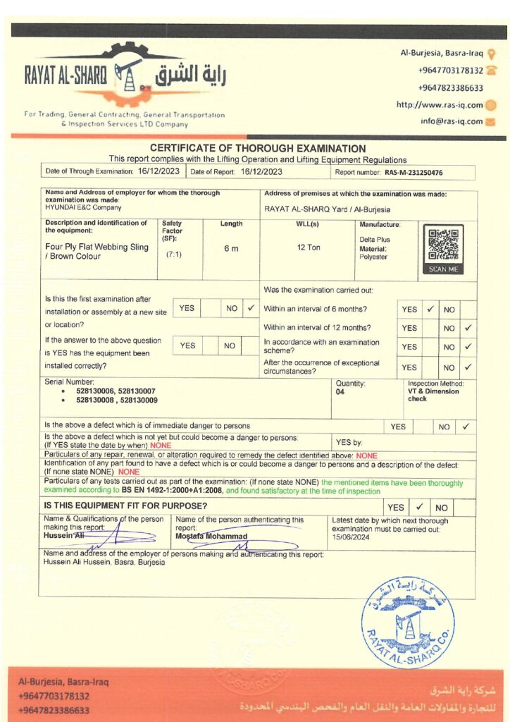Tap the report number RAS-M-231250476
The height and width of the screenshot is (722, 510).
point(413,172)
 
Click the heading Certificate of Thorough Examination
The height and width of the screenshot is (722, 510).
point(258,149)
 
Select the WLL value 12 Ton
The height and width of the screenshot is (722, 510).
point(309,247)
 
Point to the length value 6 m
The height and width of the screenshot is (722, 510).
point(231,248)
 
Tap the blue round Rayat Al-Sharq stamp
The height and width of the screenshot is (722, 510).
point(407,623)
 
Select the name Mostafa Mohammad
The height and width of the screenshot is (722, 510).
point(211,537)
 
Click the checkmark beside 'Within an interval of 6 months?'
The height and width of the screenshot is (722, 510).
point(430,309)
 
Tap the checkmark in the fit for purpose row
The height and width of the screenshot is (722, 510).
point(418,507)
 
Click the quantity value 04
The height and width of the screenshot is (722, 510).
point(340,392)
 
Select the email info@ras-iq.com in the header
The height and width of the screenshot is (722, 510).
point(452,121)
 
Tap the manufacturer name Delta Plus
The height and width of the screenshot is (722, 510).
point(375,240)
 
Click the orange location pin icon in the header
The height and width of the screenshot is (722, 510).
point(491,54)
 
